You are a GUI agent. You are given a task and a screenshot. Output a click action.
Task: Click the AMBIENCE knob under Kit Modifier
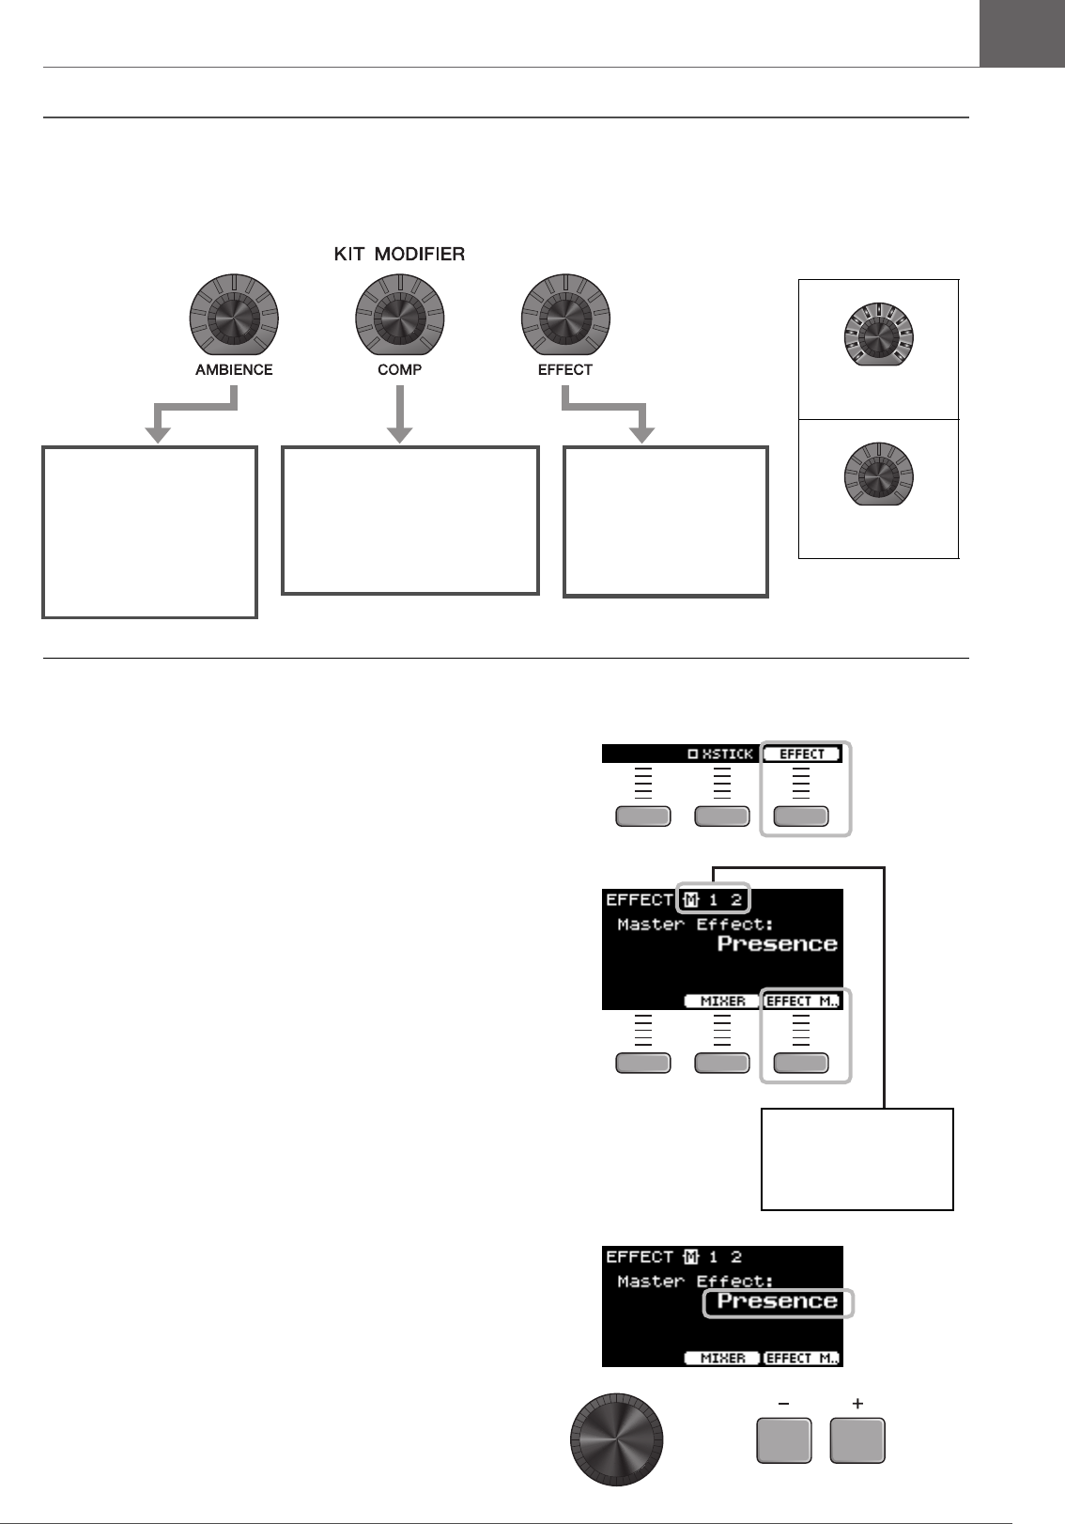(x=234, y=319)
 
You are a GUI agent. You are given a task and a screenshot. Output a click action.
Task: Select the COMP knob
(x=399, y=319)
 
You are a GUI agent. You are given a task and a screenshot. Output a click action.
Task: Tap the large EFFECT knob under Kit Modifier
(x=564, y=319)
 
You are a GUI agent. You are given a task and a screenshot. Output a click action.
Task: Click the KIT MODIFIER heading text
(x=399, y=255)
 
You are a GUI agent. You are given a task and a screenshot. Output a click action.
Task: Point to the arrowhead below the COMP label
(x=400, y=432)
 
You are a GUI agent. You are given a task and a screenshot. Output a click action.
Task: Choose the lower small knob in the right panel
(x=878, y=477)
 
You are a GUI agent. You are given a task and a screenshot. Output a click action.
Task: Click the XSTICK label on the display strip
(x=720, y=754)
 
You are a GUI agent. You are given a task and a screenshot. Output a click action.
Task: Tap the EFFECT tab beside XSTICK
(x=802, y=754)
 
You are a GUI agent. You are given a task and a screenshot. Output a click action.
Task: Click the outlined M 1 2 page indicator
(x=712, y=899)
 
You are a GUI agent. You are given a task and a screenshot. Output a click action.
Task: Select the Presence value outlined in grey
(x=778, y=1302)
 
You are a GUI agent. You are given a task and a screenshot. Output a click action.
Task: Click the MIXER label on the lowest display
(x=722, y=1358)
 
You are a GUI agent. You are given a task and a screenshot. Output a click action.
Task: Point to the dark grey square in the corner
(x=1022, y=33)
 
